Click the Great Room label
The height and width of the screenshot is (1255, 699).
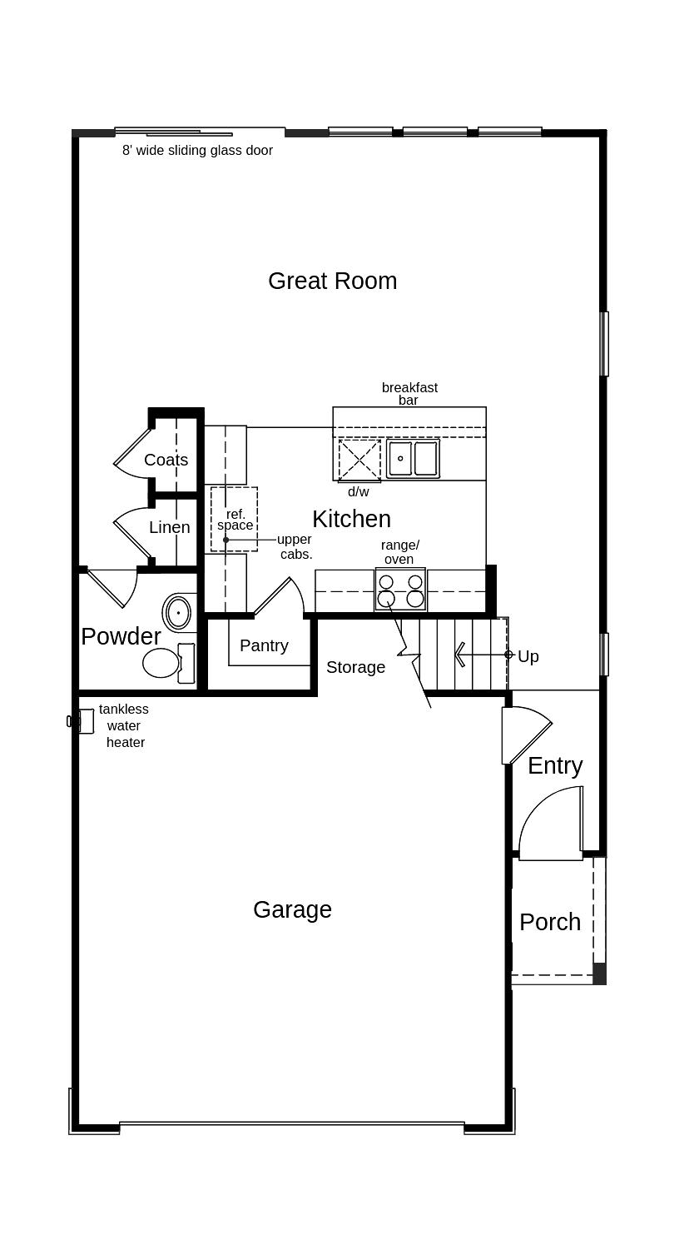tap(332, 281)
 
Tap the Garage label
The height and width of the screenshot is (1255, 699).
tap(292, 909)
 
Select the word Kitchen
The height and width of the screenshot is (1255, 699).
tap(351, 519)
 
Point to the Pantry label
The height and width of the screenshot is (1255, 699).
tap(264, 645)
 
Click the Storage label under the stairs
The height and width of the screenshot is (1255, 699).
tap(355, 667)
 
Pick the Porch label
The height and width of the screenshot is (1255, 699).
tap(550, 922)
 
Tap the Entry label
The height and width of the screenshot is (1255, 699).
tap(555, 765)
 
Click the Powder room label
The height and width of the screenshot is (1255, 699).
tap(121, 636)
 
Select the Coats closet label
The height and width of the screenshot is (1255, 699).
tap(166, 460)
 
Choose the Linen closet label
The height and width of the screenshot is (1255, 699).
tap(170, 527)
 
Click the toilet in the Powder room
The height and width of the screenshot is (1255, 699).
tap(166, 663)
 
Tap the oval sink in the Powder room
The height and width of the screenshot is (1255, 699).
tap(178, 613)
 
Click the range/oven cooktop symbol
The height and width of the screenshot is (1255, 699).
tap(400, 590)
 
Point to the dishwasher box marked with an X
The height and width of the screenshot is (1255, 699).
tap(359, 460)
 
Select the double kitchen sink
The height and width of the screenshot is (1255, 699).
tap(413, 459)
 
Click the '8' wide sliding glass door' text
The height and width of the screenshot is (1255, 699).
tap(197, 151)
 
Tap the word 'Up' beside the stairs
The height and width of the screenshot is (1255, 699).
tap(528, 656)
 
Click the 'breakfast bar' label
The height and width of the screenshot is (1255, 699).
tap(409, 394)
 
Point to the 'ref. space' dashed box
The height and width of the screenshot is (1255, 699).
tap(234, 520)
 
